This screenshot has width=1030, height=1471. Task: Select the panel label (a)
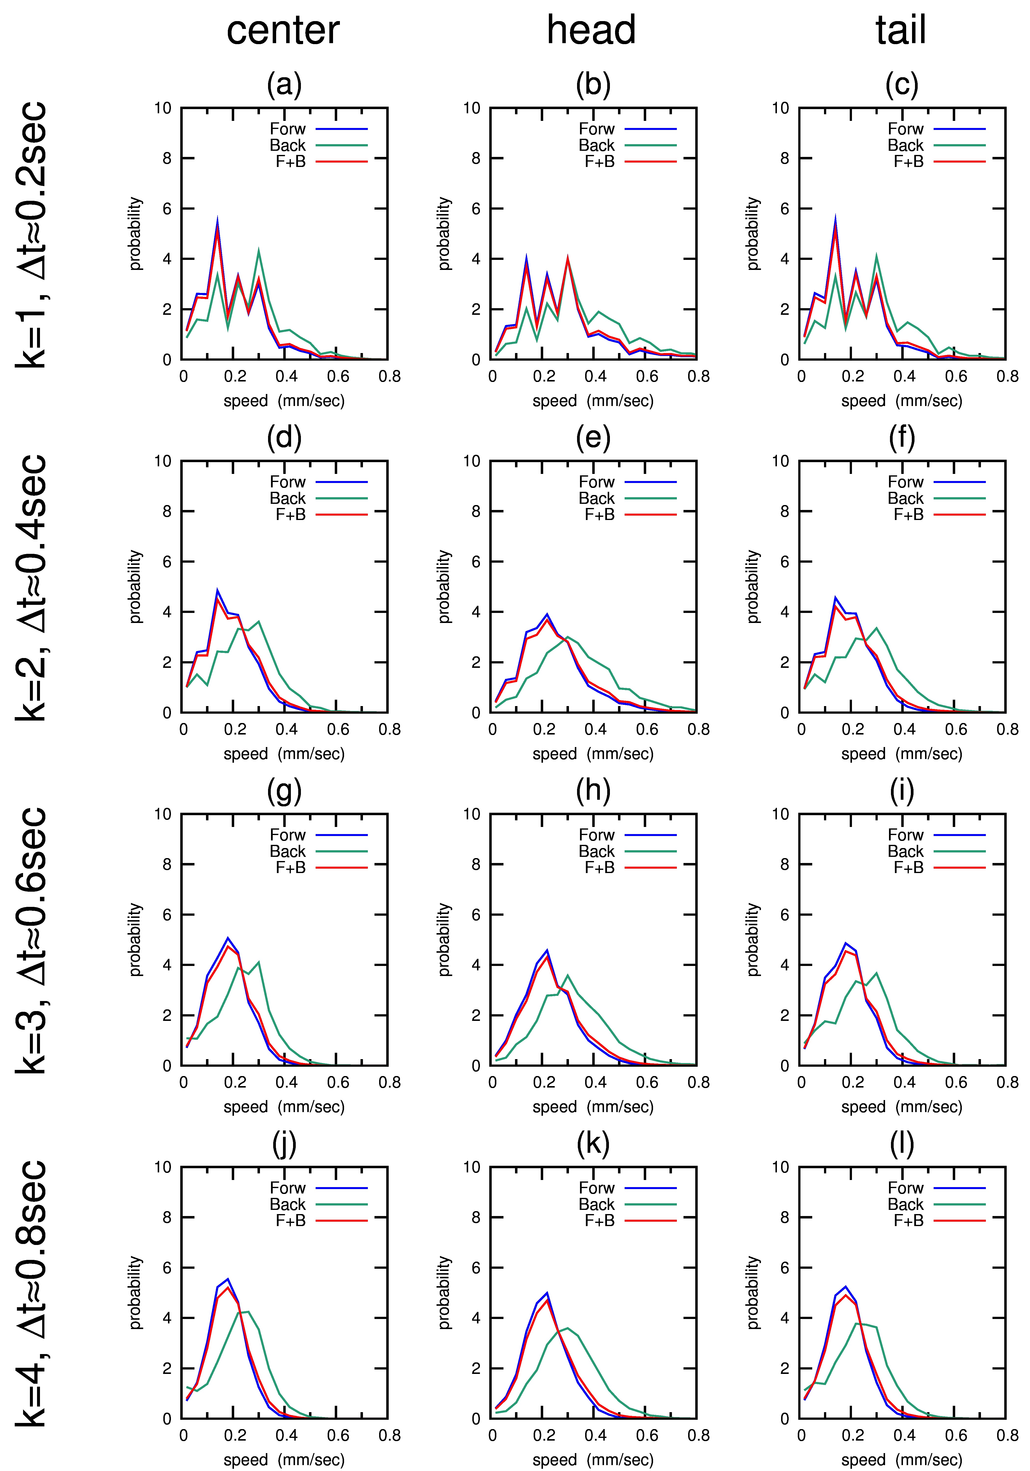click(x=284, y=85)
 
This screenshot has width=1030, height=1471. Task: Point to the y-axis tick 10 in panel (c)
click(x=780, y=108)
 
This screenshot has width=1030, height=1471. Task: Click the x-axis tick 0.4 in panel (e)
click(x=595, y=730)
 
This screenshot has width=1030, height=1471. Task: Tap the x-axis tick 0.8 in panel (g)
click(x=389, y=1083)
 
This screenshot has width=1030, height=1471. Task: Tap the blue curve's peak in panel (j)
click(x=228, y=1279)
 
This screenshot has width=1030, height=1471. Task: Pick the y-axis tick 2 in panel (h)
click(x=476, y=1015)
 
